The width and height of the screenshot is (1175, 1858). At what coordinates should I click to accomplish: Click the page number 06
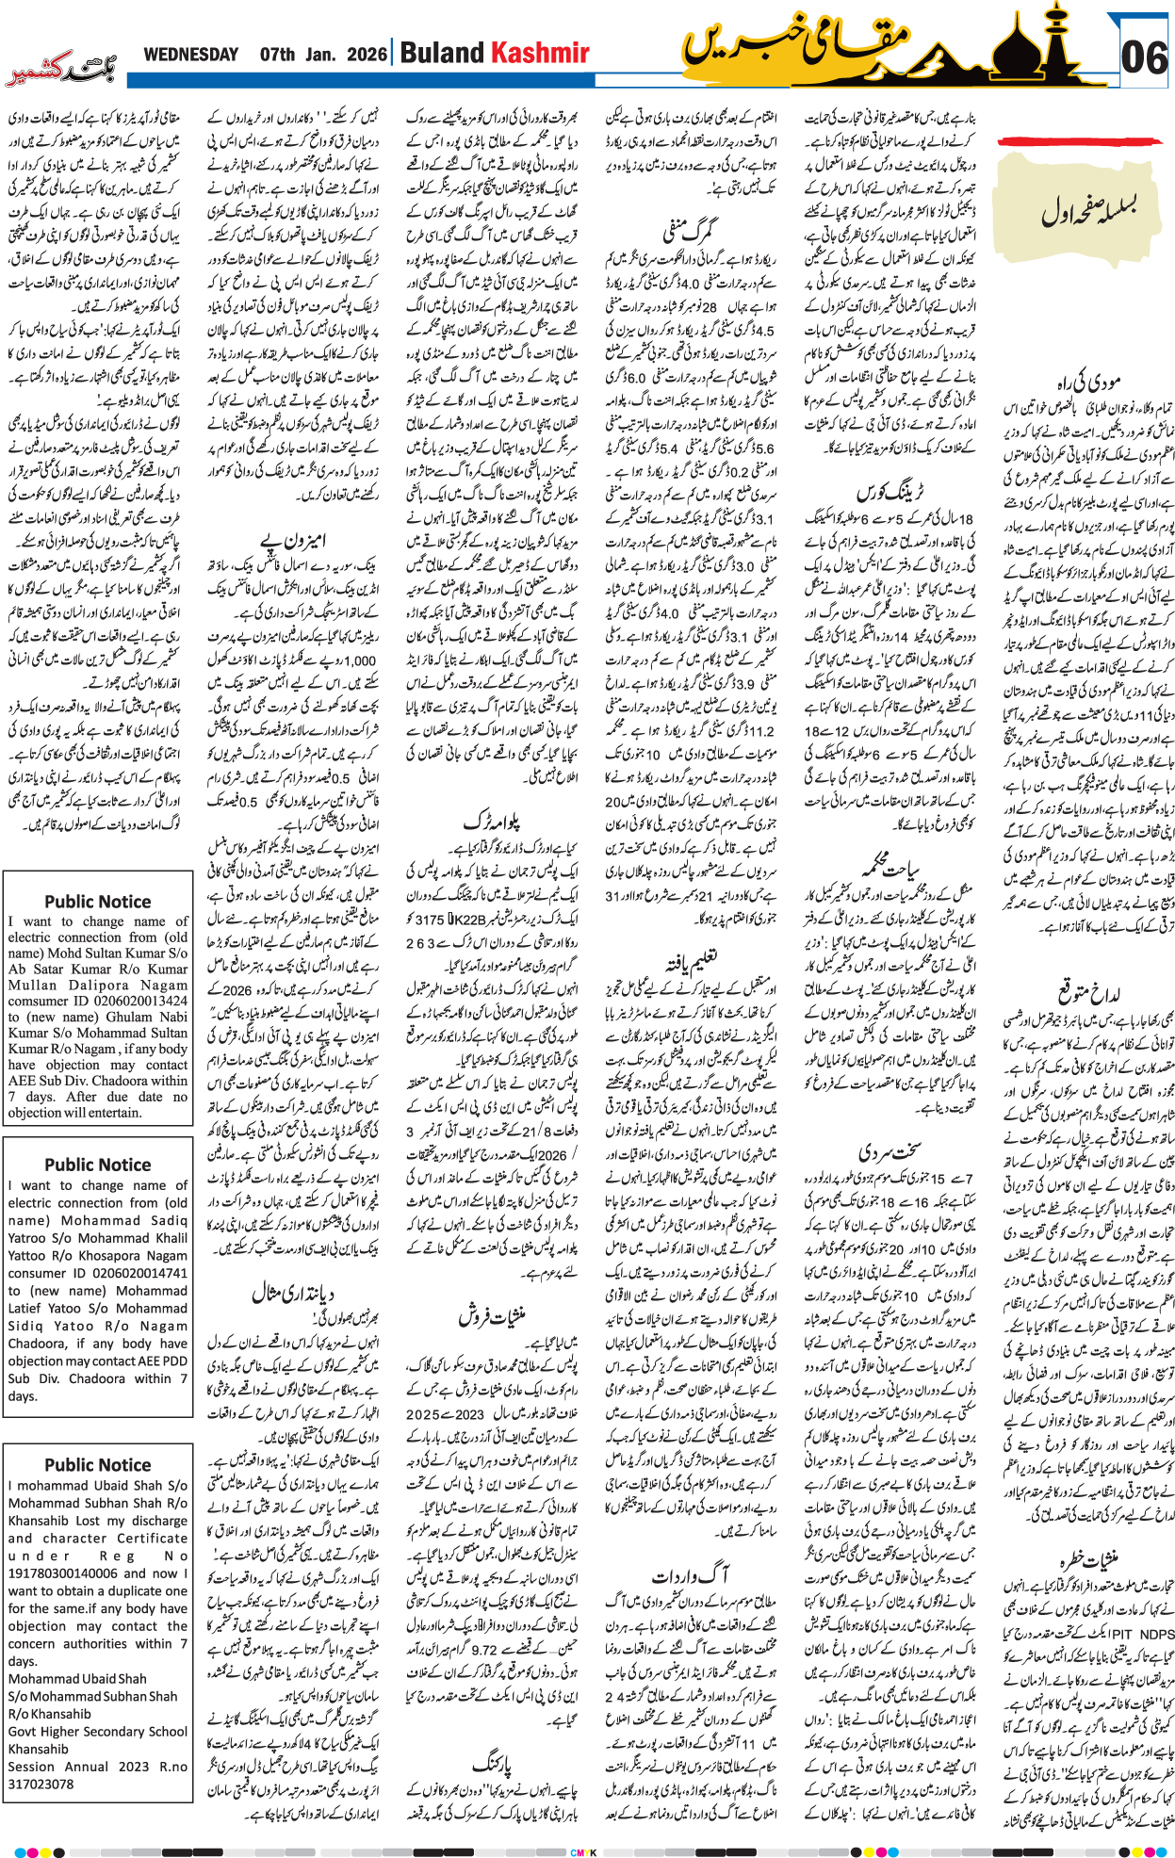pos(1144,57)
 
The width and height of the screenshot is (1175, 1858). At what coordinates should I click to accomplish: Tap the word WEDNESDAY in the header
pos(190,55)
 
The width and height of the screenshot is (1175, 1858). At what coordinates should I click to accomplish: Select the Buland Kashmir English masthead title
pos(495,53)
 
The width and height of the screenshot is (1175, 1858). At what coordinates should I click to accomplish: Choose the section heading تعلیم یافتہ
pos(692,962)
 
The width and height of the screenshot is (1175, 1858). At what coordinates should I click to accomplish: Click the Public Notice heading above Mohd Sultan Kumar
pos(97,902)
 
